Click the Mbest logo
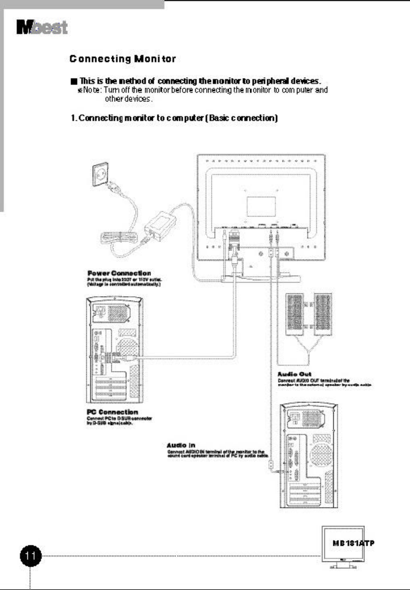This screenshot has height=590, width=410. pyautogui.click(x=42, y=27)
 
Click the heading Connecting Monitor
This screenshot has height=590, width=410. pyautogui.click(x=122, y=59)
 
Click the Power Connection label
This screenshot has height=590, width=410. pyautogui.click(x=119, y=273)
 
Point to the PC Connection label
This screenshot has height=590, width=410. pyautogui.click(x=112, y=412)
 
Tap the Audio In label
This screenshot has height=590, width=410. pyautogui.click(x=181, y=445)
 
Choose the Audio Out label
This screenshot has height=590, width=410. pyautogui.click(x=294, y=374)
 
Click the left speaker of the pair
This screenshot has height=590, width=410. pyautogui.click(x=295, y=314)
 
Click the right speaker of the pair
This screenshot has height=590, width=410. pyautogui.click(x=323, y=314)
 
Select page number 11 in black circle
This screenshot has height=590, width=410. pyautogui.click(x=31, y=556)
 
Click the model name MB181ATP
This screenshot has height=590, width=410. pyautogui.click(x=353, y=543)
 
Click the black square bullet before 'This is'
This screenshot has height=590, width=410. pyautogui.click(x=73, y=82)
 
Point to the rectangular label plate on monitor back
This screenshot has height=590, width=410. pyautogui.click(x=261, y=206)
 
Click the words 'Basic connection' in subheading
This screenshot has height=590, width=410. pyautogui.click(x=243, y=118)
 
